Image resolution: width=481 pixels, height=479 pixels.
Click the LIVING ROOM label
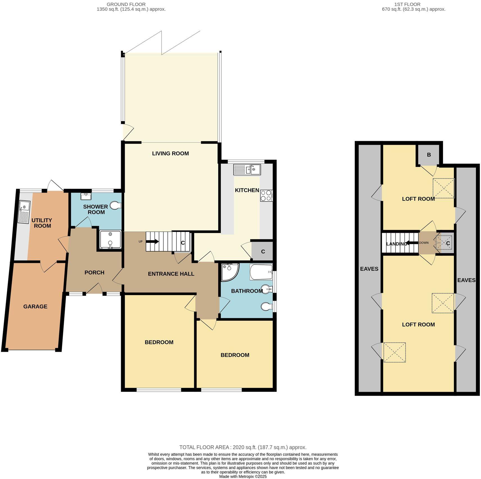click(x=170, y=153)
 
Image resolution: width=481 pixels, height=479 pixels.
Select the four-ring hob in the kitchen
click(x=266, y=196)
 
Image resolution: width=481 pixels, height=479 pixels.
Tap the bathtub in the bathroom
click(x=261, y=272)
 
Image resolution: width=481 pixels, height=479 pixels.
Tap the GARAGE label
click(x=35, y=307)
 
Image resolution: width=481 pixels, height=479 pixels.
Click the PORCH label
click(x=94, y=273)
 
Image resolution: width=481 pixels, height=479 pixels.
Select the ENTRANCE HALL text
click(x=171, y=274)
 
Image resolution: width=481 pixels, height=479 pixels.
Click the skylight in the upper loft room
click(x=444, y=188)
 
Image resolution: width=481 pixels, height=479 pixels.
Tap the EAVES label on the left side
click(x=369, y=269)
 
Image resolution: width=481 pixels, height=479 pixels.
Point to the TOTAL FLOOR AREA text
click(x=243, y=447)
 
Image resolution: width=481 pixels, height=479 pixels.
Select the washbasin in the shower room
click(x=86, y=196)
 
